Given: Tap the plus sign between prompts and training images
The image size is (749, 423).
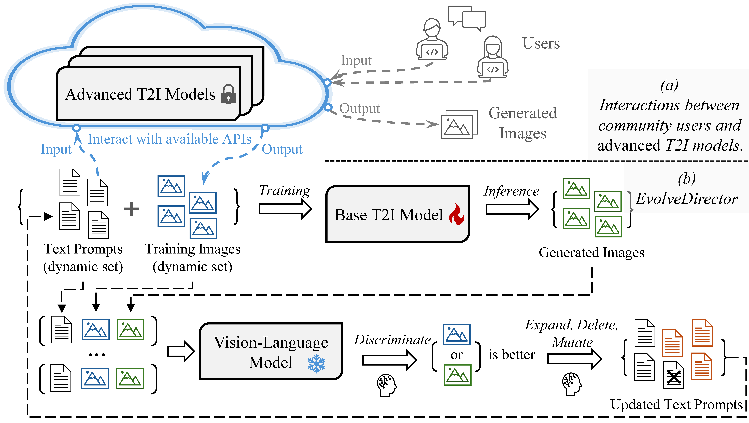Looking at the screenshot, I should click(131, 209).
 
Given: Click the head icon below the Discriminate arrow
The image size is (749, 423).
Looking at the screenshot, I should click(387, 385).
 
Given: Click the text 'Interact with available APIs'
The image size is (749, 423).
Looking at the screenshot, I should click(169, 139).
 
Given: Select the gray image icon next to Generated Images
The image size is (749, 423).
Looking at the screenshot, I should click(459, 125).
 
